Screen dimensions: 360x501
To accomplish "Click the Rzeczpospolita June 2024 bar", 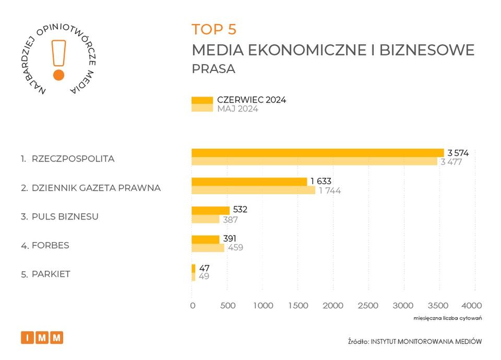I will pyautogui.click(x=317, y=153).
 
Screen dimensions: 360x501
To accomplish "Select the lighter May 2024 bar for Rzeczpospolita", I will pyautogui.click(x=314, y=161).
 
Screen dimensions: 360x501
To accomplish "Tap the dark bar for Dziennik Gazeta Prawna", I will pyautogui.click(x=249, y=182).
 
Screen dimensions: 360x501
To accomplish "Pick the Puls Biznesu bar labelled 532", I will pyautogui.click(x=210, y=210).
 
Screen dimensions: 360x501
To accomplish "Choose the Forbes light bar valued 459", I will pyautogui.click(x=208, y=247).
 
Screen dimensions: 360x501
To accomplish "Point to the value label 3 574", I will pyautogui.click(x=458, y=153).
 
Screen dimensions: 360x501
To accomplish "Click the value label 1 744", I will pyautogui.click(x=330, y=190).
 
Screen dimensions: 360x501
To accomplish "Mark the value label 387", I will pyautogui.click(x=230, y=219).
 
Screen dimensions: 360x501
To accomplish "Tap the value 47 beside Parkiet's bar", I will pyautogui.click(x=205, y=268).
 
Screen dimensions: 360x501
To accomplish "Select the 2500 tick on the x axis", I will pyautogui.click(x=368, y=305).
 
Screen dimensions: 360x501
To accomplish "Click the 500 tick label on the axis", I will pyautogui.click(x=228, y=305).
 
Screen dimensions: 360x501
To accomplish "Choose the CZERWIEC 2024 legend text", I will pyautogui.click(x=252, y=100).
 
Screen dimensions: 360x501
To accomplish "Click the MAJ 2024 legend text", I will pyautogui.click(x=237, y=109).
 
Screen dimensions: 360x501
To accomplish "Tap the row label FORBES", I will pyautogui.click(x=50, y=245).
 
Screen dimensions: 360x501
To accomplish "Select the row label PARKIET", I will pyautogui.click(x=51, y=274).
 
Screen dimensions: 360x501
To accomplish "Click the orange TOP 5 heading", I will pyautogui.click(x=214, y=29).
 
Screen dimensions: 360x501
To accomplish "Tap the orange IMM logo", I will pyautogui.click(x=42, y=338).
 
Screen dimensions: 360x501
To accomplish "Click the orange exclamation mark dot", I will pyautogui.click(x=59, y=75).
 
